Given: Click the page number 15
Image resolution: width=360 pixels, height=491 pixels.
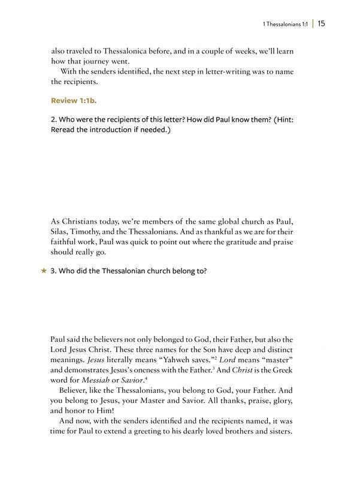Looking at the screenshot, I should pos(322,24).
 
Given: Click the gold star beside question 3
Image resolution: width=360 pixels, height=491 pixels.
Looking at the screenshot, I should pos(43,271).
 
